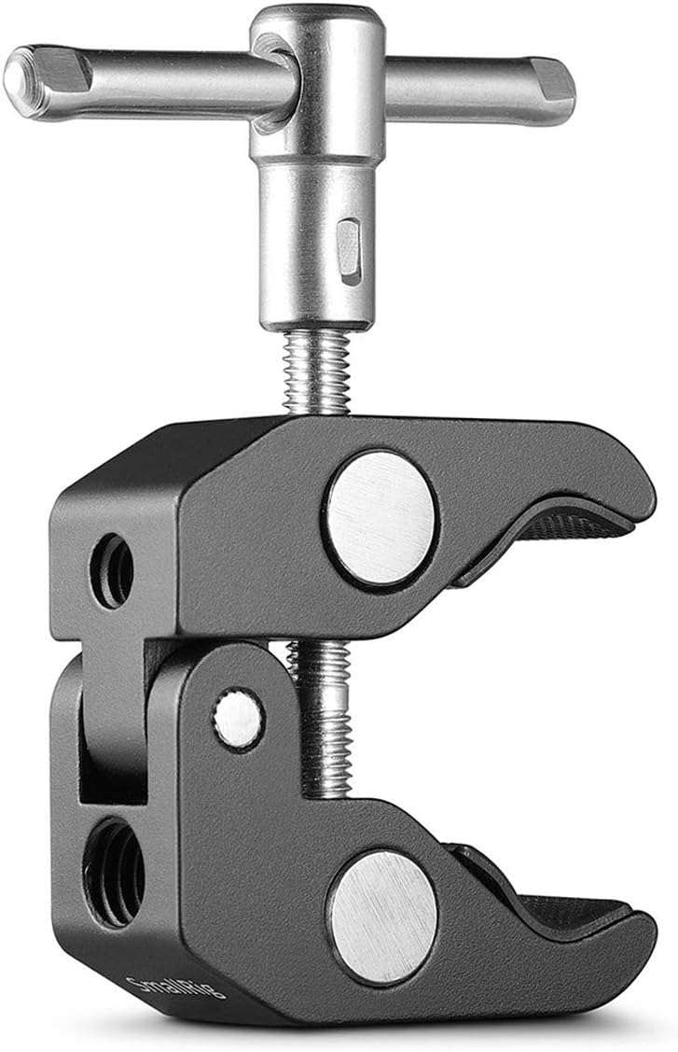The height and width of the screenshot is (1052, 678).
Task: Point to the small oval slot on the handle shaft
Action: tap(348, 249)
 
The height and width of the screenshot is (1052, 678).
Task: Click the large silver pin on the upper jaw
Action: tap(381, 519)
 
